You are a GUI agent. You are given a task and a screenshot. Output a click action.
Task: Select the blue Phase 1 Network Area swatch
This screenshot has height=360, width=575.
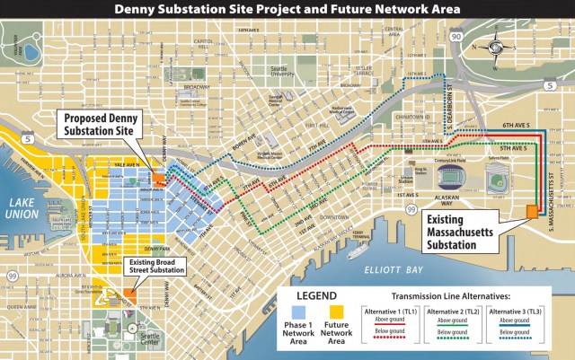[x=298, y=317]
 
